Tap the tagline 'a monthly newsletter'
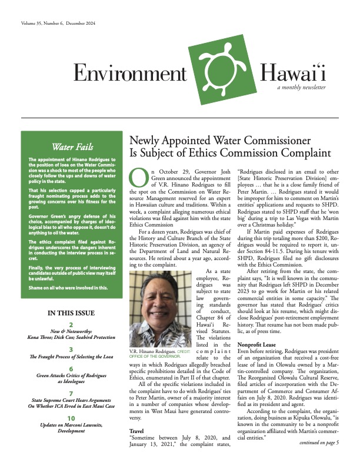(x=302, y=87)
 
